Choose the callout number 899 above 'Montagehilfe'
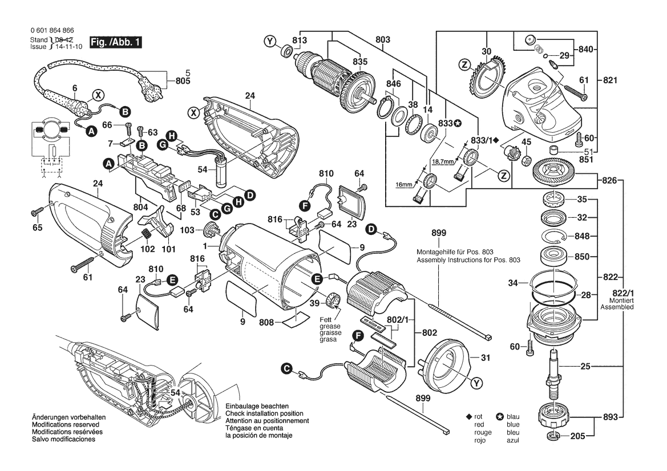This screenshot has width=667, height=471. (439, 233)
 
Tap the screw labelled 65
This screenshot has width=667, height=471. (35, 213)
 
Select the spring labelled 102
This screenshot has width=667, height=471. (147, 234)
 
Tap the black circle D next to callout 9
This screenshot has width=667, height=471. (371, 230)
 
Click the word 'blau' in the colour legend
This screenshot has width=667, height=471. (513, 417)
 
